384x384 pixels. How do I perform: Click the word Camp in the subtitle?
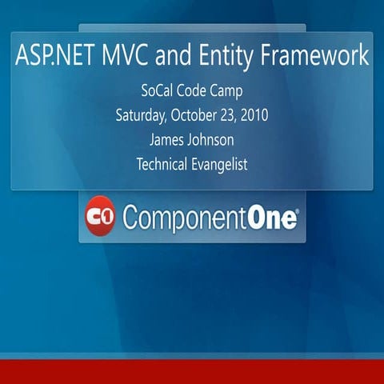(230, 90)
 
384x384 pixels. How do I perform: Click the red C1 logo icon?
(101, 216)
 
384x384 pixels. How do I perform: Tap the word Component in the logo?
(186, 218)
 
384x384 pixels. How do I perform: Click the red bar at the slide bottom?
(192, 372)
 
